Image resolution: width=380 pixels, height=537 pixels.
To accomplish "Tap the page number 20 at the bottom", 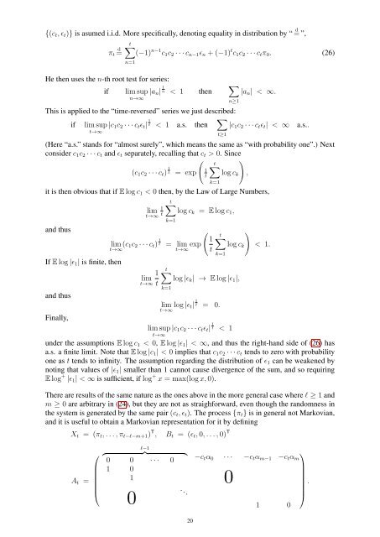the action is (190, 519).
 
